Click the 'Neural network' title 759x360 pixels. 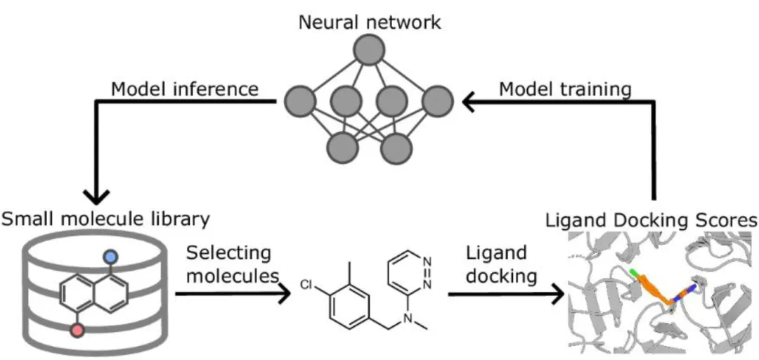tap(370, 22)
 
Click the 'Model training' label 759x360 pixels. tap(565, 89)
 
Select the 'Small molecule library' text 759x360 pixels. tap(106, 220)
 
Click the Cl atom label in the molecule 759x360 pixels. tap(306, 285)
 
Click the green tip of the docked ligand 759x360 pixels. tap(635, 274)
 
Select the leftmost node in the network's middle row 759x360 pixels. tap(300, 101)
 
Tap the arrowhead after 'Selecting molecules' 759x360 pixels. tap(284, 295)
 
